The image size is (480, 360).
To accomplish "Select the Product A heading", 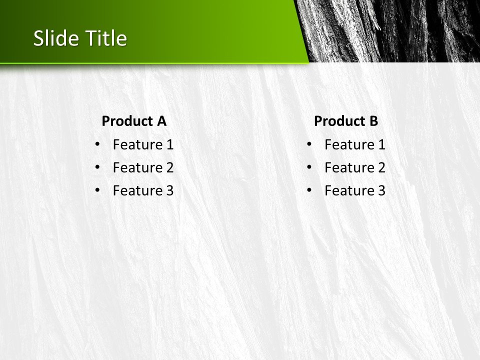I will pyautogui.click(x=133, y=121).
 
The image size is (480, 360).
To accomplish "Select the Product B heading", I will pyautogui.click(x=346, y=121).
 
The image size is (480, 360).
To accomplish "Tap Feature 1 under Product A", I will pyautogui.click(x=143, y=145).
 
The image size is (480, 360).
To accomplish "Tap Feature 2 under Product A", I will pyautogui.click(x=143, y=168).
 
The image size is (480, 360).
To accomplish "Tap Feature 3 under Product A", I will pyautogui.click(x=143, y=190).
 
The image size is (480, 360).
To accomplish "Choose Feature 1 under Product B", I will pyautogui.click(x=355, y=145).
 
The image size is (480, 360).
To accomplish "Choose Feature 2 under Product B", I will pyautogui.click(x=355, y=168).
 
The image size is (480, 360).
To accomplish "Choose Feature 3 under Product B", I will pyautogui.click(x=355, y=190).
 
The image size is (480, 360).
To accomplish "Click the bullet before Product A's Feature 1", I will pyautogui.click(x=97, y=144).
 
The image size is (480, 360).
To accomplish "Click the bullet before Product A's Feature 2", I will pyautogui.click(x=97, y=167).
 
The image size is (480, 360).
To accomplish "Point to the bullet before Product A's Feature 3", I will pyautogui.click(x=97, y=190).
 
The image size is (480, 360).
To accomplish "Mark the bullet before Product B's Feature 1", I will pyautogui.click(x=309, y=144).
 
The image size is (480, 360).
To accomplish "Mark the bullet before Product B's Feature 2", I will pyautogui.click(x=309, y=167).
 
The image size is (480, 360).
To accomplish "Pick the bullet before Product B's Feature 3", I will pyautogui.click(x=309, y=190).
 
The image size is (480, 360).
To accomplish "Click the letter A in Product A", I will pyautogui.click(x=161, y=121).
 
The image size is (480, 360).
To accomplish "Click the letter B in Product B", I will pyautogui.click(x=373, y=121).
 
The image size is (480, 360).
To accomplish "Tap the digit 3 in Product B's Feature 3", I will pyautogui.click(x=381, y=190).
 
